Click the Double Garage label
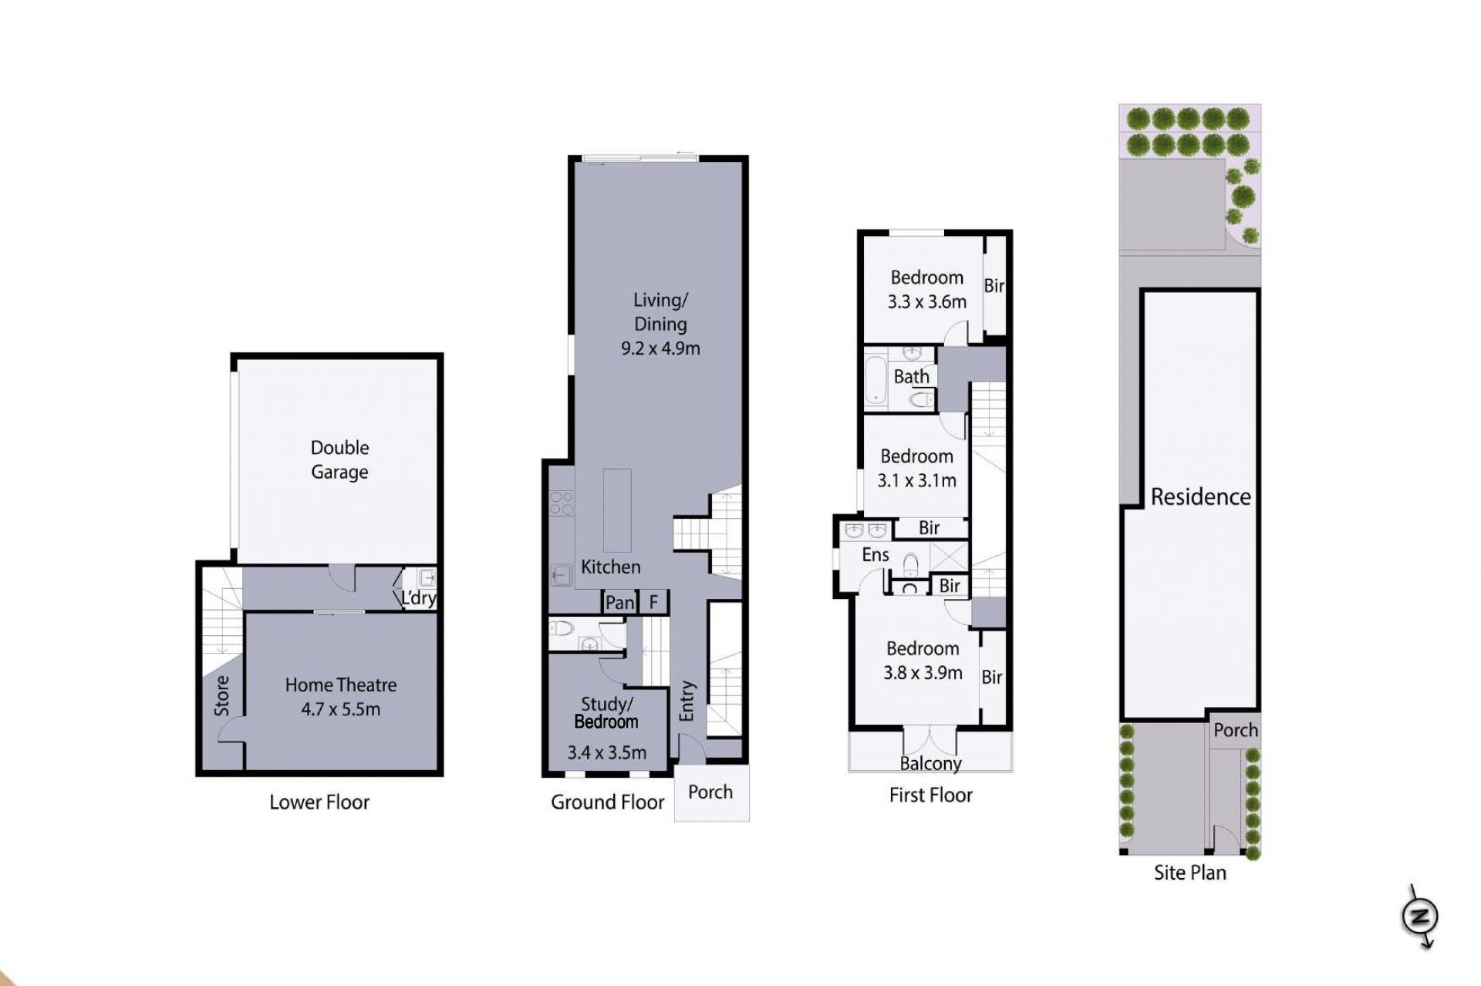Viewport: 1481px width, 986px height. (339, 459)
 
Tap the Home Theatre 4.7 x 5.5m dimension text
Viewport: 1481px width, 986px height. (340, 709)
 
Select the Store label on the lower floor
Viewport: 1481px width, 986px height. (222, 695)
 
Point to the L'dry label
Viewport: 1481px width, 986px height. (418, 597)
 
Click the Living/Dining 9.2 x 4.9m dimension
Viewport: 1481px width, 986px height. (660, 348)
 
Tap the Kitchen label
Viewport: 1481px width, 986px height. (610, 567)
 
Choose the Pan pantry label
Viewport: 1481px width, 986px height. (619, 603)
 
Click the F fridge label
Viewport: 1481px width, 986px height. (653, 602)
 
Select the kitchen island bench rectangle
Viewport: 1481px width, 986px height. (617, 510)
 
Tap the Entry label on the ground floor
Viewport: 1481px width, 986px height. (687, 702)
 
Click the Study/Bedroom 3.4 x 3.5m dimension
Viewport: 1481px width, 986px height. (607, 752)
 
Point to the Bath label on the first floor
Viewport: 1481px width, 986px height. (912, 377)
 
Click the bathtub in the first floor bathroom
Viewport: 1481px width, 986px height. (875, 380)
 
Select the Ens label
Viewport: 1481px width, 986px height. (875, 555)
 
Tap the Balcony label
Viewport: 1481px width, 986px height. (930, 764)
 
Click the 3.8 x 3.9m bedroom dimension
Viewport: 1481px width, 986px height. (923, 673)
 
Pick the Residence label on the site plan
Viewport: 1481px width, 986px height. (1200, 497)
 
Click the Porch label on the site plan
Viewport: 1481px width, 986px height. (1235, 730)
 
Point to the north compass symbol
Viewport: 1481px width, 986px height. (1420, 917)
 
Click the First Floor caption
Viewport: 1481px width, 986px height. (930, 796)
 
